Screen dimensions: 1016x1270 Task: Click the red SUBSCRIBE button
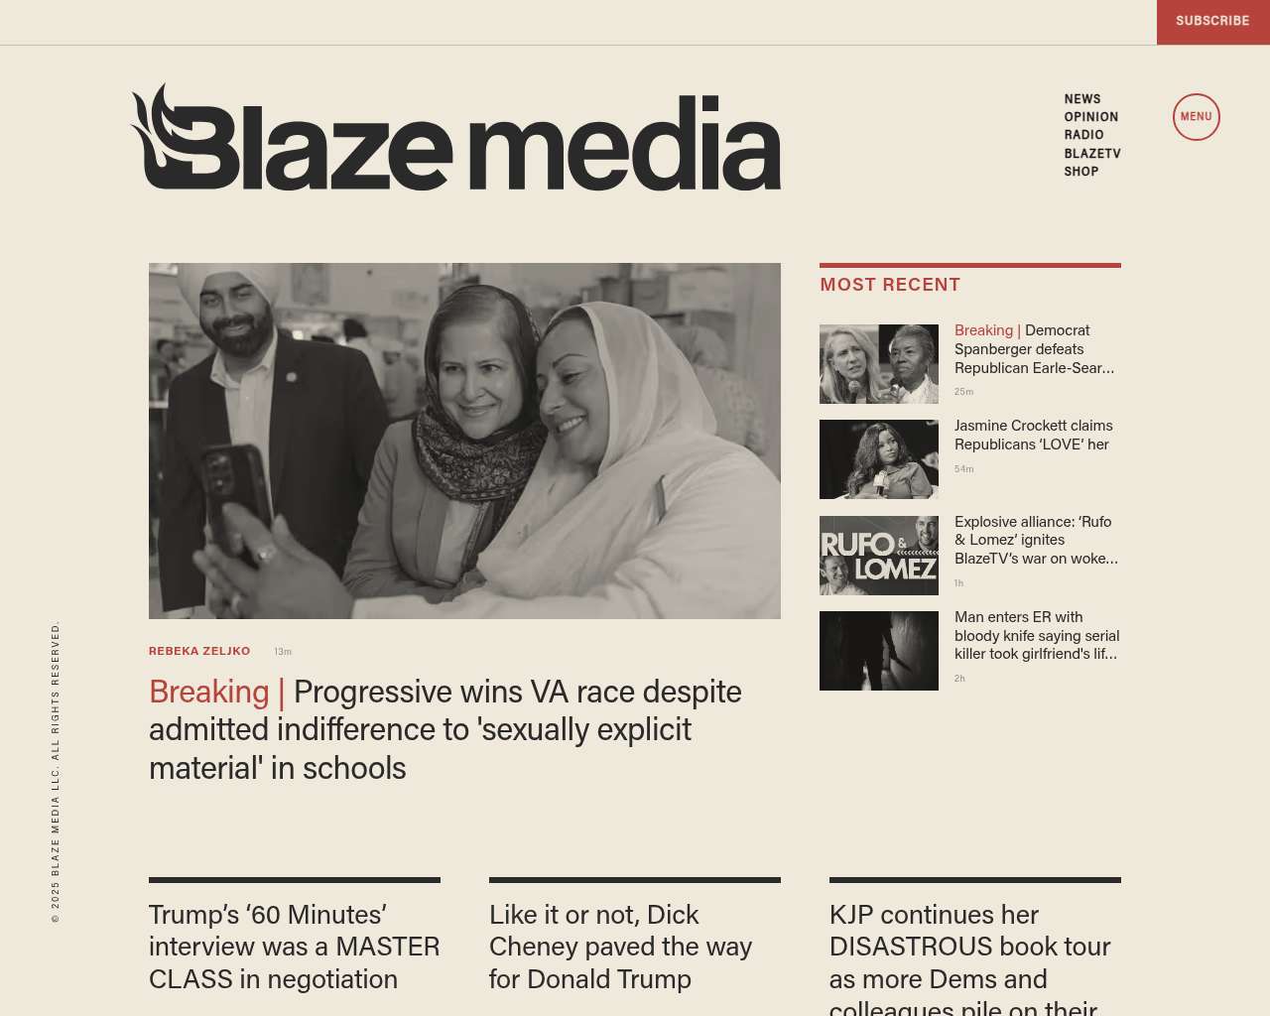pyautogui.click(x=1212, y=21)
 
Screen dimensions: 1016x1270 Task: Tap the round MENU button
pyautogui.click(x=1196, y=117)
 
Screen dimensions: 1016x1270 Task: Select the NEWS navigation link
pyautogui.click(x=1082, y=99)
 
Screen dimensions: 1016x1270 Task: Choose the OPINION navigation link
pyautogui.click(x=1090, y=117)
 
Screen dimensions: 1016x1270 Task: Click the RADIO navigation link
pyautogui.click(x=1083, y=135)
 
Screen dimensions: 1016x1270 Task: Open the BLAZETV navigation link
pyautogui.click(x=1091, y=154)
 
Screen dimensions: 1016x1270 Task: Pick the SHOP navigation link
pyautogui.click(x=1080, y=172)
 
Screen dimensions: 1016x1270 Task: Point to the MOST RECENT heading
pyautogui.click(x=890, y=285)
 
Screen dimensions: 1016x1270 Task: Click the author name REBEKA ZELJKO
pyautogui.click(x=199, y=651)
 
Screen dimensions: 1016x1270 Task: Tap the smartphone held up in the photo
pyautogui.click(x=234, y=496)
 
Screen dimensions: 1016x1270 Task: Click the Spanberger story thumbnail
pyautogui.click(x=878, y=364)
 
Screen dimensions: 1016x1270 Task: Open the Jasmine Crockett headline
pyautogui.click(x=1033, y=435)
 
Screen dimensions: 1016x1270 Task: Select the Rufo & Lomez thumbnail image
pyautogui.click(x=878, y=556)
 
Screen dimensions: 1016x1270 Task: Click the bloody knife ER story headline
pyautogui.click(x=1036, y=635)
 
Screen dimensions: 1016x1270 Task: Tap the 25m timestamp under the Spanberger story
pyautogui.click(x=963, y=392)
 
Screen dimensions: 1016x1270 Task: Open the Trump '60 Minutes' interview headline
pyautogui.click(x=294, y=947)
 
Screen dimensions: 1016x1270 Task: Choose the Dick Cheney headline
pyautogui.click(x=620, y=947)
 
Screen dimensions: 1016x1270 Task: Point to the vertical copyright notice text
pyautogui.click(x=56, y=772)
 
